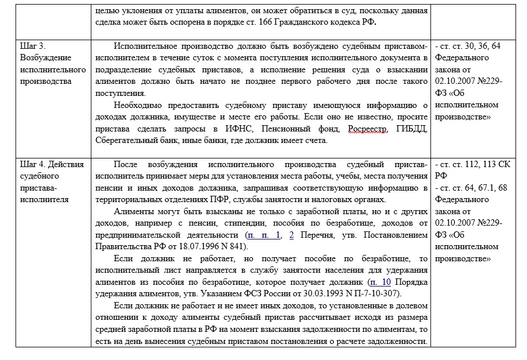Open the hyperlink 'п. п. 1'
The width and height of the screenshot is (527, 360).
click(x=264, y=235)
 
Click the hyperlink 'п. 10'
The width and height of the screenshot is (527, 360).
click(x=381, y=282)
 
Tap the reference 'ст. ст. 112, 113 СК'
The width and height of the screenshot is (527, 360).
click(x=468, y=164)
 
